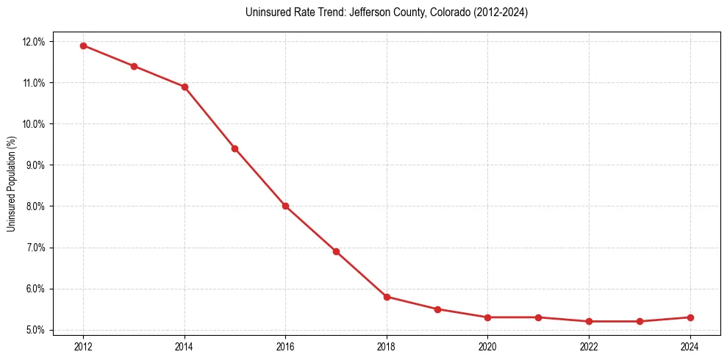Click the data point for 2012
point(83,46)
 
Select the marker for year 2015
point(234,148)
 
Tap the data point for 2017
point(336,251)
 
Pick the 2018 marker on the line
point(387,297)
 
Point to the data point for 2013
point(134,66)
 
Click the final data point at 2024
point(690,317)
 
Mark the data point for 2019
point(437,309)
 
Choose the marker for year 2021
point(538,317)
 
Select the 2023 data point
point(640,321)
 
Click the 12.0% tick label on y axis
point(34,42)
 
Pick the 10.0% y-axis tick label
point(34,124)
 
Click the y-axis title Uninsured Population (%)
point(11,184)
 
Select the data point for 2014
point(185,87)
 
